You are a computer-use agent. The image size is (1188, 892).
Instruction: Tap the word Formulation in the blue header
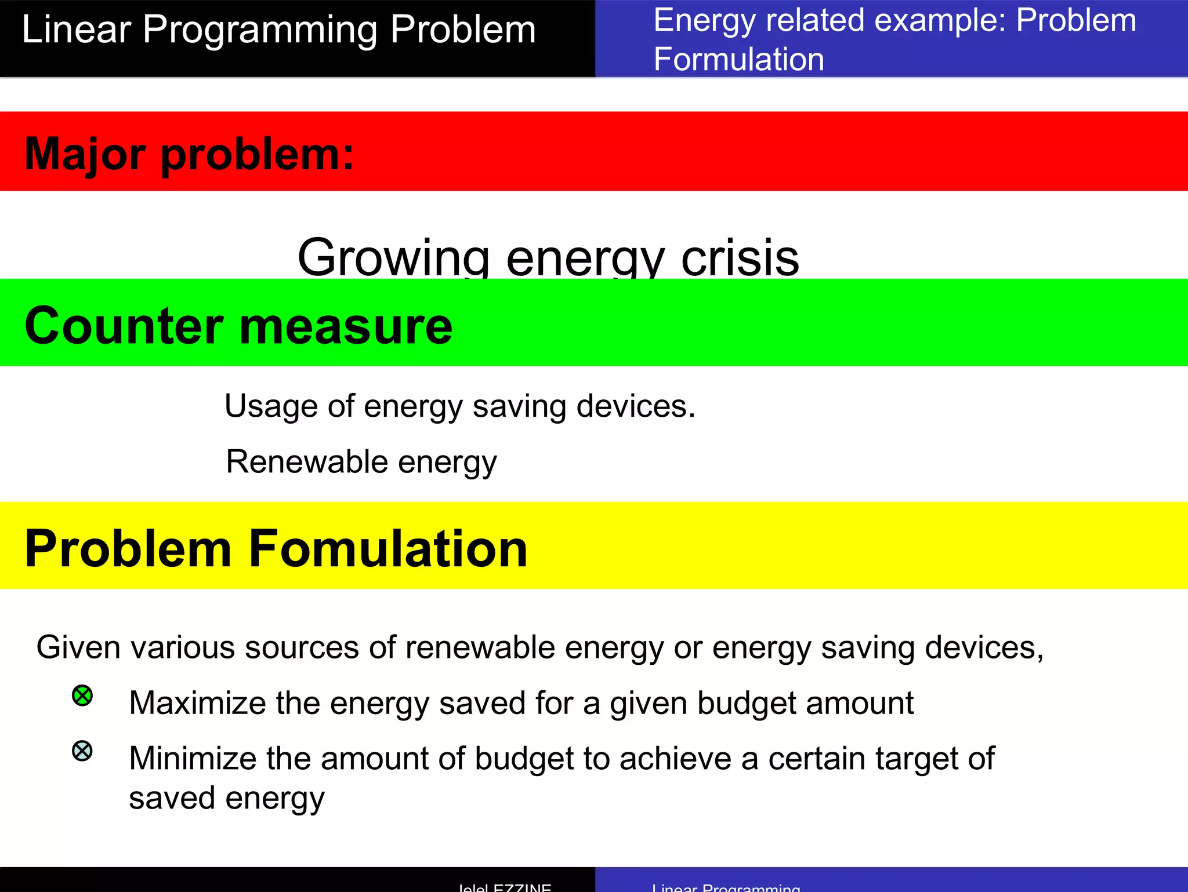click(738, 59)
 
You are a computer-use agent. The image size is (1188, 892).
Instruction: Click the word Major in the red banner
click(85, 154)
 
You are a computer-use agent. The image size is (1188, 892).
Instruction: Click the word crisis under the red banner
click(740, 258)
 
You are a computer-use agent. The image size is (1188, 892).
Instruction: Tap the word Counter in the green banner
click(124, 326)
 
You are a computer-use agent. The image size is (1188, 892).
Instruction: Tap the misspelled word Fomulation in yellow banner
click(388, 549)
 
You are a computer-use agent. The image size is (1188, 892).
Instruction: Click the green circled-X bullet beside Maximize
click(82, 696)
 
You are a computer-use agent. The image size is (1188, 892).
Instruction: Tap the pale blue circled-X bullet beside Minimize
click(82, 751)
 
